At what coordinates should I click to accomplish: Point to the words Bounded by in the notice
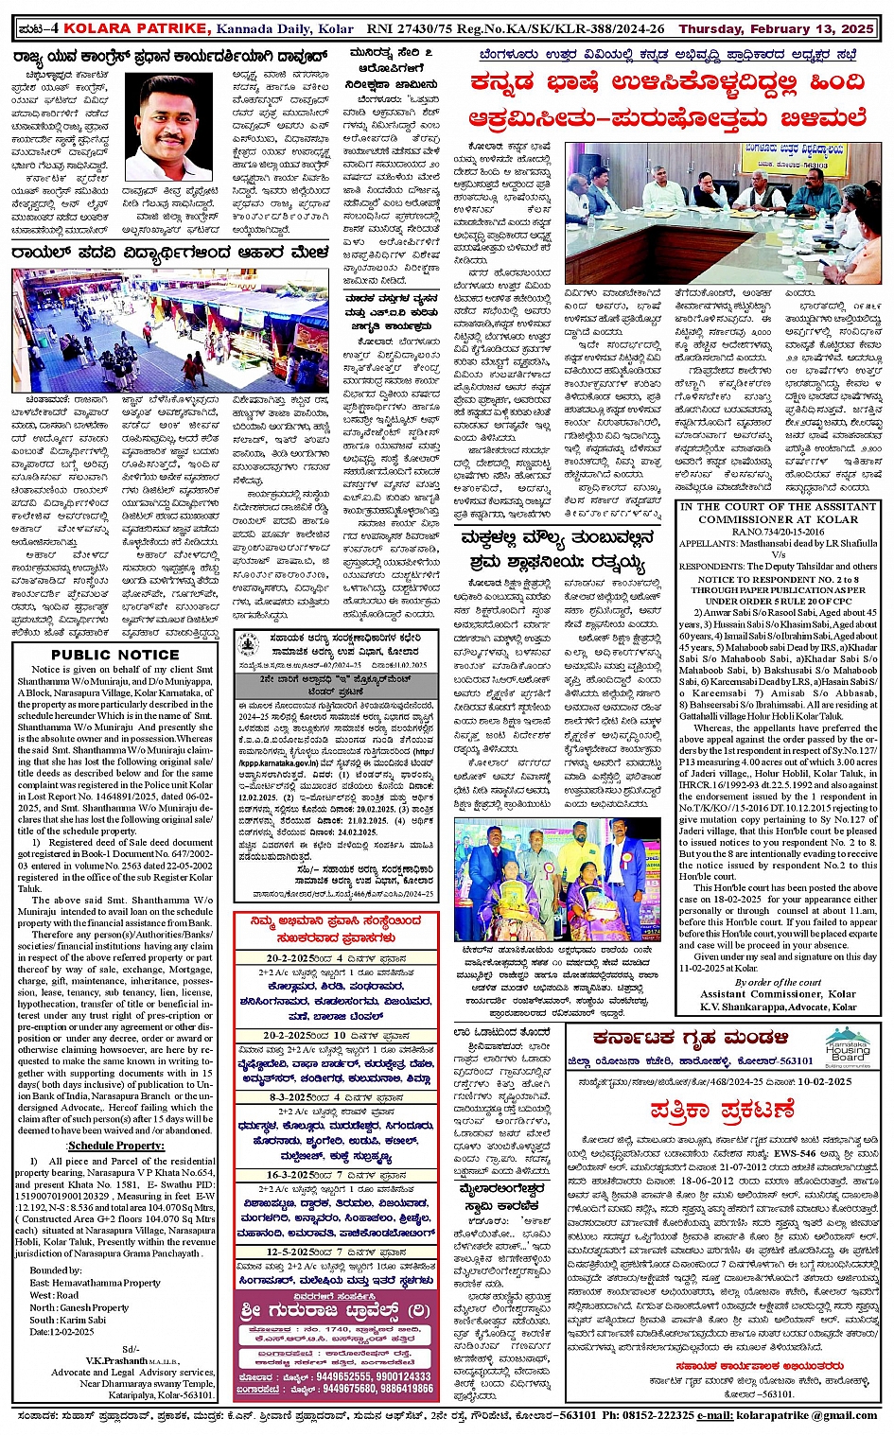55,1270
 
